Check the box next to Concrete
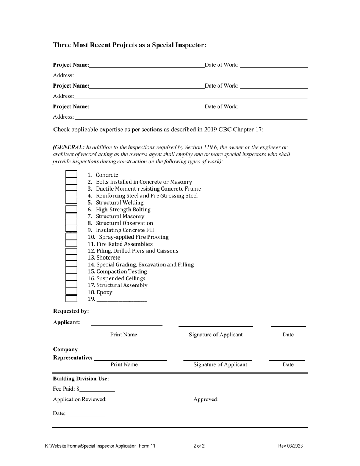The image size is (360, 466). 71,175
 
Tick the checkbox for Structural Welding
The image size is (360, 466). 71,202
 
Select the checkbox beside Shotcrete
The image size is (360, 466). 71,258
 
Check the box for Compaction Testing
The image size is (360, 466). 71,271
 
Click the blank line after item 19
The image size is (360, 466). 122,299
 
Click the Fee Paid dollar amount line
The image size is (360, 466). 97,389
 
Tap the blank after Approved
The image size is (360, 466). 227,400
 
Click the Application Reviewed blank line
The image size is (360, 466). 133,400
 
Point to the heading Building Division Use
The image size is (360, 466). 81,378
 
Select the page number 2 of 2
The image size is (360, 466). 199,446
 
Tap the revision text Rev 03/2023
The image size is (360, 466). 290,446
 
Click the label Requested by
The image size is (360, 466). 71,311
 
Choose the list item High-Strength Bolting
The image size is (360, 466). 123,210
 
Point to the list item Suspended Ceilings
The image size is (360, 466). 120,278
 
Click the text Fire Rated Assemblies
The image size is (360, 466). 124,244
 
